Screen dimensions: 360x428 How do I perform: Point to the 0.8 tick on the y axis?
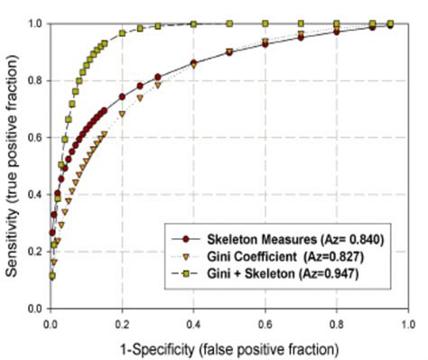[36, 80]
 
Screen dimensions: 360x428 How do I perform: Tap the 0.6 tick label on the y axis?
[36, 137]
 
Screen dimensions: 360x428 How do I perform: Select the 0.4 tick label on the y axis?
[36, 194]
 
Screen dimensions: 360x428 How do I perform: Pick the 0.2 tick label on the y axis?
[36, 252]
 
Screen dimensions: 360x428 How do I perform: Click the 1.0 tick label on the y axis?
[36, 23]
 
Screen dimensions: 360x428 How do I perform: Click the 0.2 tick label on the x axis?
[122, 321]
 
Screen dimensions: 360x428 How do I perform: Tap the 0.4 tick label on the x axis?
[193, 321]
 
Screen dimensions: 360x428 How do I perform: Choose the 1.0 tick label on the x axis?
[407, 321]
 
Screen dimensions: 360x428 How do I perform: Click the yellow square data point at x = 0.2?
[122, 33]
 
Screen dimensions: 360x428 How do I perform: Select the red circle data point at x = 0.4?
[193, 63]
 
